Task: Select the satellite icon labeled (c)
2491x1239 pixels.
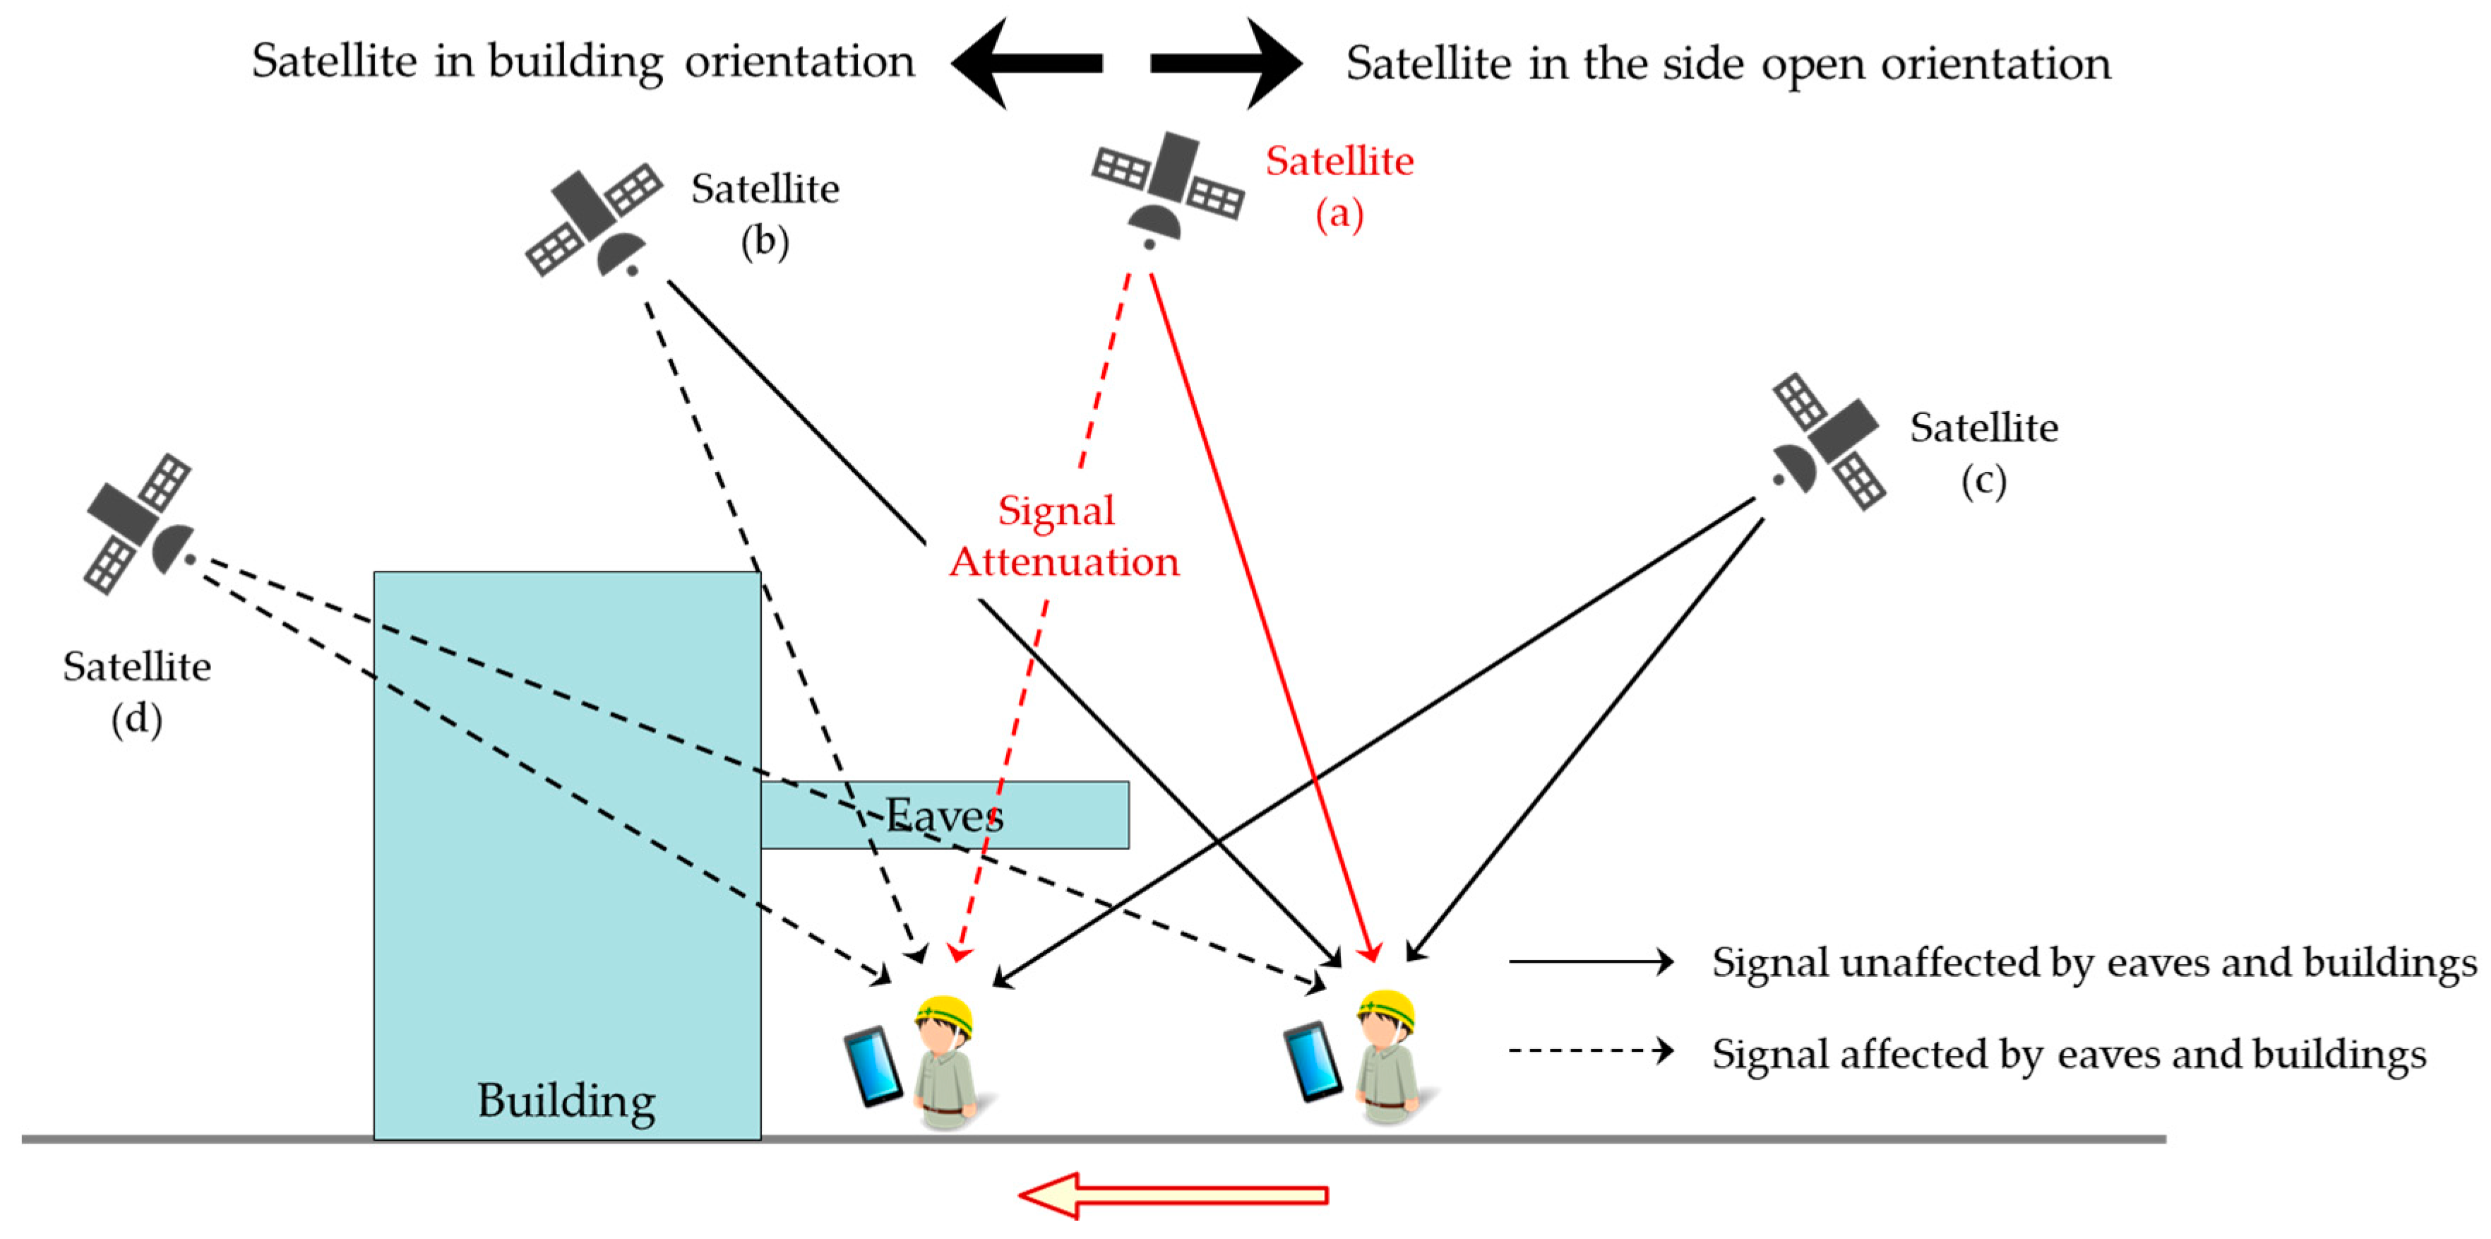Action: (x=1827, y=442)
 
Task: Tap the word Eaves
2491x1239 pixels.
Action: (x=944, y=815)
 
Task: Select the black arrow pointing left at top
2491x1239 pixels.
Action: (x=1026, y=63)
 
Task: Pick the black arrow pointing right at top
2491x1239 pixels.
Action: (x=1227, y=63)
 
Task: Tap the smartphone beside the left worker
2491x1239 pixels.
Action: (x=873, y=1066)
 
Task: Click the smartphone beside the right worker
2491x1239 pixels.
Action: (x=1312, y=1061)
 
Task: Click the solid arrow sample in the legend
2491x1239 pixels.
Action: (x=1591, y=961)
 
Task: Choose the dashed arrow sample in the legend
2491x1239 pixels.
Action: (x=1591, y=1050)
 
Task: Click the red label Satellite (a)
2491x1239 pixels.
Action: (x=1339, y=186)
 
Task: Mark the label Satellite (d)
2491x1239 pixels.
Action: (x=136, y=692)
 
